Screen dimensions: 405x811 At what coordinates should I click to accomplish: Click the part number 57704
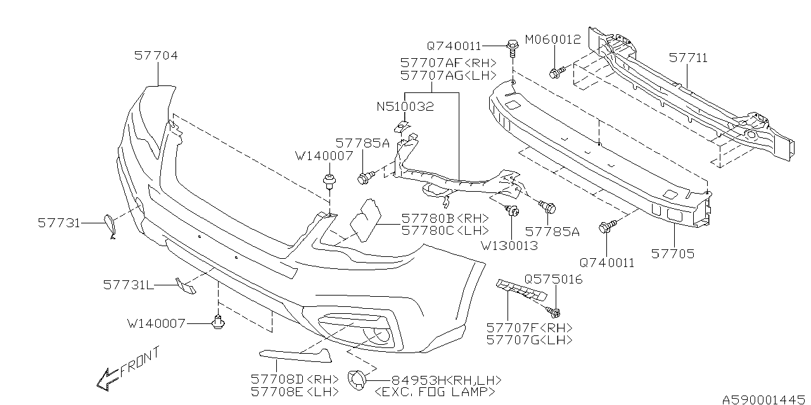pyautogui.click(x=156, y=56)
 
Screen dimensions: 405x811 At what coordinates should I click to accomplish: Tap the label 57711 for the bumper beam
pyautogui.click(x=688, y=58)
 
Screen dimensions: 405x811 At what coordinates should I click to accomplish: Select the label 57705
pyautogui.click(x=673, y=254)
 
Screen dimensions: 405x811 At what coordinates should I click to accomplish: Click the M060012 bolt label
pyautogui.click(x=552, y=40)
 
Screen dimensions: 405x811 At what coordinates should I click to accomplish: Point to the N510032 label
pyautogui.click(x=405, y=107)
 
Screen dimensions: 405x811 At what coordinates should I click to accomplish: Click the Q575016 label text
pyautogui.click(x=553, y=279)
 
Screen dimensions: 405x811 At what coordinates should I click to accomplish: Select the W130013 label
pyautogui.click(x=508, y=245)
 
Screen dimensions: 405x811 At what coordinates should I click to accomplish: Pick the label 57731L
pyautogui.click(x=129, y=285)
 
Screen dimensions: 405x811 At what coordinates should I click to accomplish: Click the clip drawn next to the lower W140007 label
pyautogui.click(x=219, y=323)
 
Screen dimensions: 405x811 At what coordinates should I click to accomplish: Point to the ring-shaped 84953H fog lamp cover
pyautogui.click(x=358, y=380)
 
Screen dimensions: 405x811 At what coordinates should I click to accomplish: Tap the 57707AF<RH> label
pyautogui.click(x=447, y=63)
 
